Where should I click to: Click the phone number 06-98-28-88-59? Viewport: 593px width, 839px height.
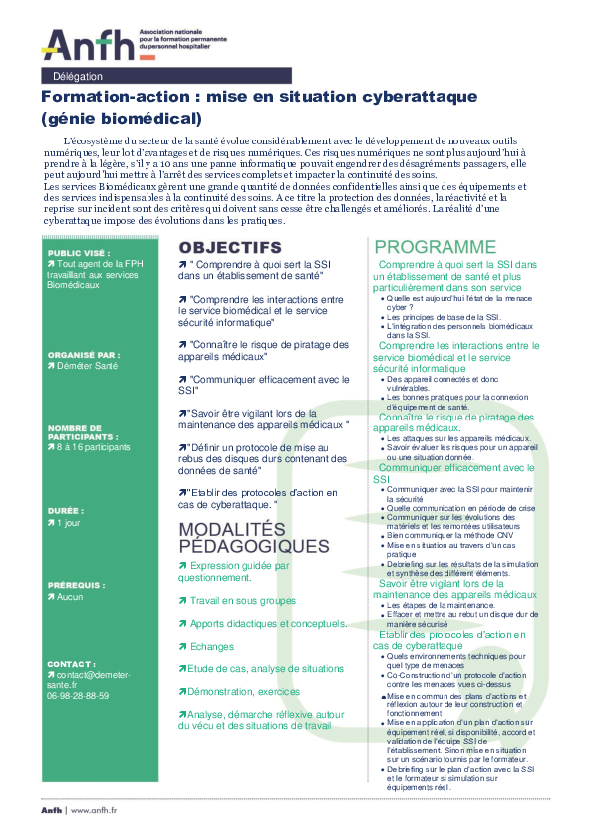(x=78, y=668)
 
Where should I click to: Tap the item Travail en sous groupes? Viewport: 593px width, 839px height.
(x=242, y=573)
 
